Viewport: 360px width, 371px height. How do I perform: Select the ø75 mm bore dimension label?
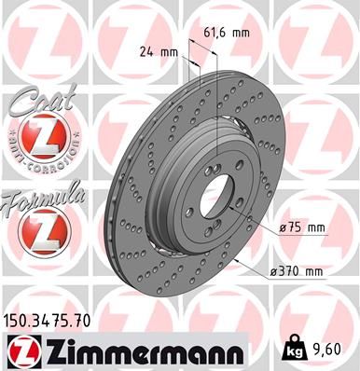coord(301,226)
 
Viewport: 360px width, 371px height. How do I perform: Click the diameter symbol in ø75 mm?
coord(283,226)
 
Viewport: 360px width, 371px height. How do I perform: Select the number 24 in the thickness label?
coord(145,51)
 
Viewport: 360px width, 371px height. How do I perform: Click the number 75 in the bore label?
coord(295,226)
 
